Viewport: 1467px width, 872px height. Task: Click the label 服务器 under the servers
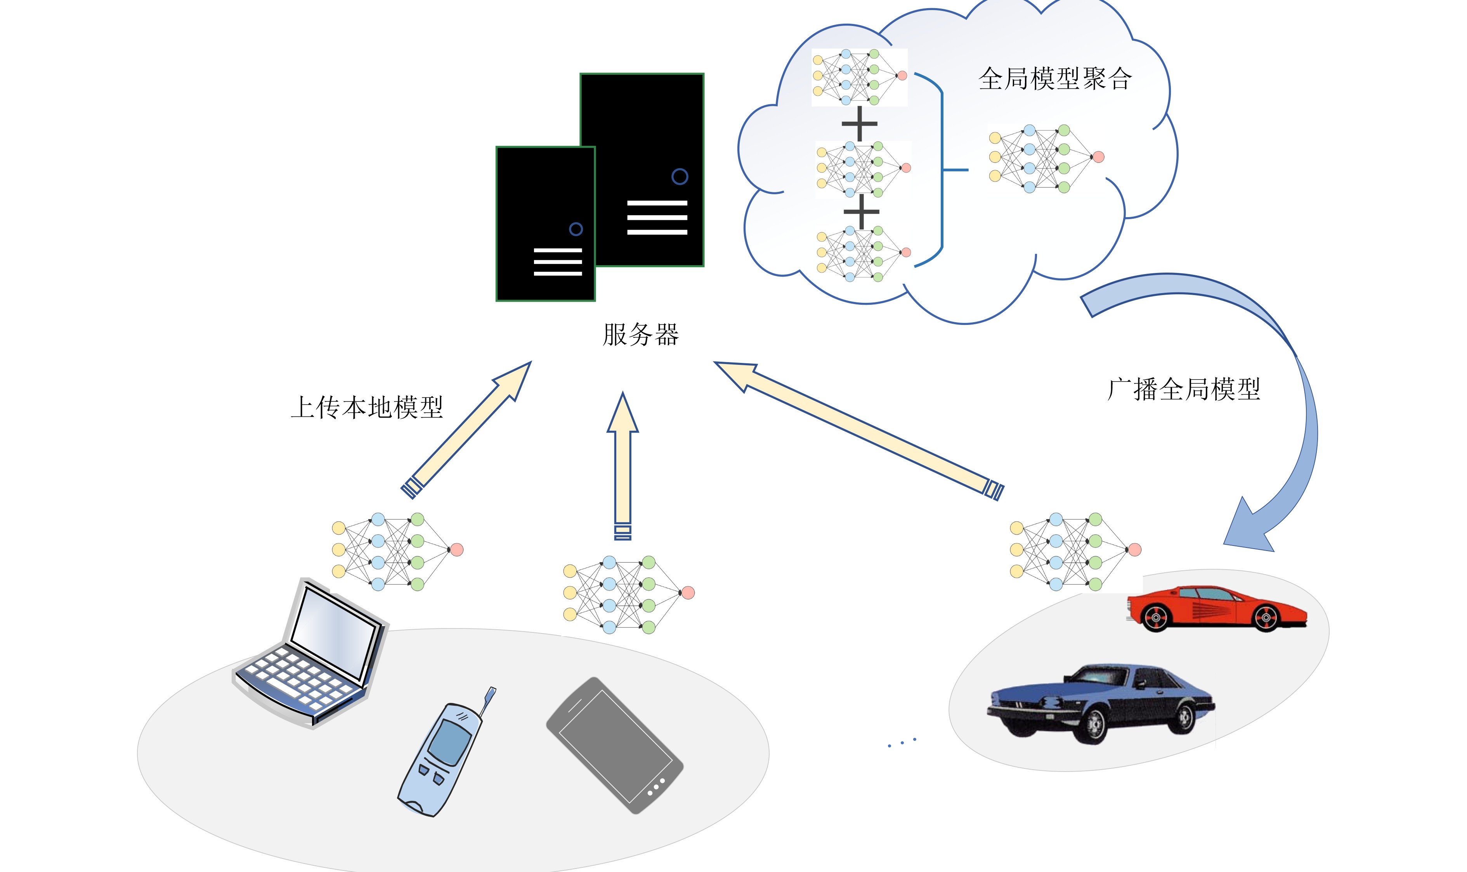(640, 334)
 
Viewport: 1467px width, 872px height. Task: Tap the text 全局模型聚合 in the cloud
(1055, 79)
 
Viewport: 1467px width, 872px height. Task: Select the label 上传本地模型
(367, 407)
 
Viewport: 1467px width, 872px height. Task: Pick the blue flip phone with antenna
(447, 752)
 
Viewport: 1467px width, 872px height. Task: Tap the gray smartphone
(614, 745)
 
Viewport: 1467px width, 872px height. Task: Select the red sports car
(1216, 609)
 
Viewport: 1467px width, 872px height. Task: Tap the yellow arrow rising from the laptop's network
(466, 430)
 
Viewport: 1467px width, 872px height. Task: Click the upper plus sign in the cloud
(859, 123)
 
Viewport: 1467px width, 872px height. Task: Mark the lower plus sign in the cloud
(862, 212)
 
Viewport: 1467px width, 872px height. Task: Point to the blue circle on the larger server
(680, 176)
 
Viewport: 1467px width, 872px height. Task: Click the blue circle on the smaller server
(576, 229)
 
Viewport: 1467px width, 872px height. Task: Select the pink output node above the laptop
(456, 549)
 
